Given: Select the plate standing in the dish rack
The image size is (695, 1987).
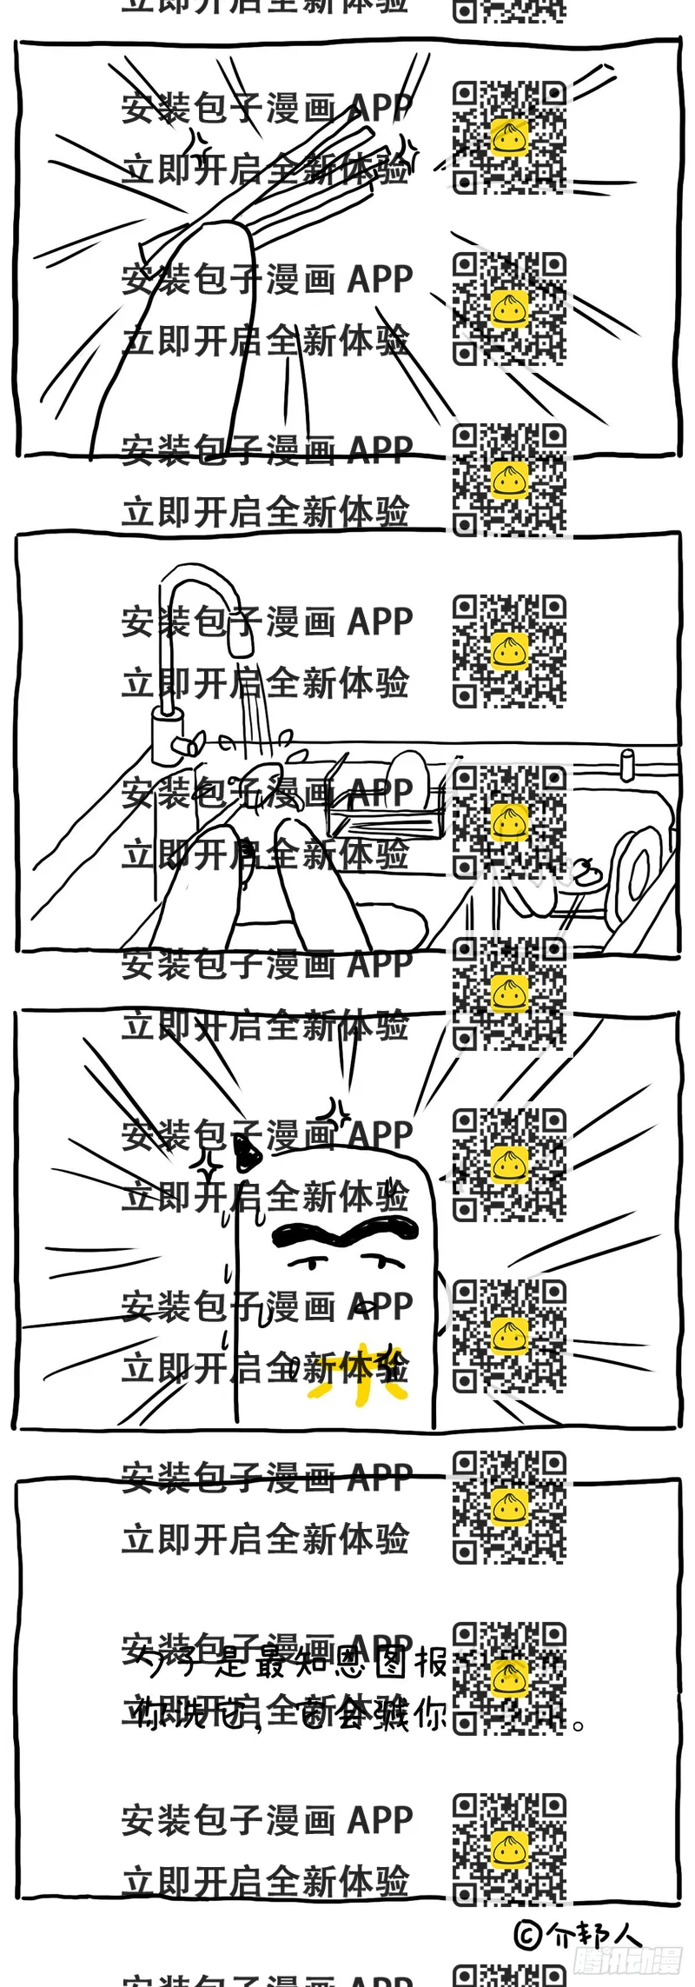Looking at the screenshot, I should click(407, 779).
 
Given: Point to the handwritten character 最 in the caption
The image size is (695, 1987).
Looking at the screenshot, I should click(276, 1663).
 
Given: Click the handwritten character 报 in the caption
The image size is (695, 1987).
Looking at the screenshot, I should click(431, 1663).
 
